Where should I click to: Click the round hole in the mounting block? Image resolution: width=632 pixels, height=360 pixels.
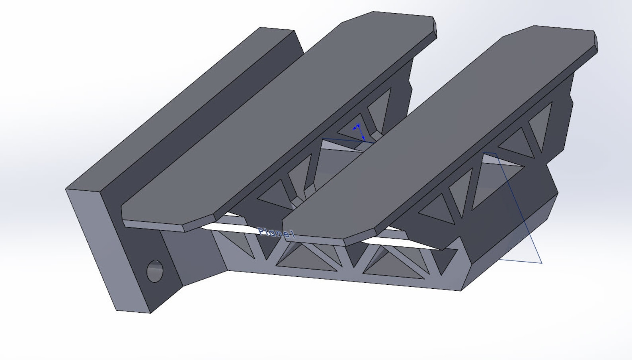155,271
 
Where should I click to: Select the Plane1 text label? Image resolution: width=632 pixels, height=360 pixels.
277,233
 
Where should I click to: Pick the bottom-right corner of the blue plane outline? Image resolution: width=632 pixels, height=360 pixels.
541,263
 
